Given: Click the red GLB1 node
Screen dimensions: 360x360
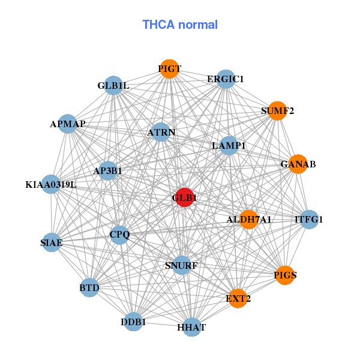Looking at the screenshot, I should (184, 197).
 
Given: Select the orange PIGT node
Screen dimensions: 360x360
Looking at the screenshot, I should (170, 69).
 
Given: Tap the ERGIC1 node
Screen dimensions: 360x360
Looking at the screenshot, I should (225, 79).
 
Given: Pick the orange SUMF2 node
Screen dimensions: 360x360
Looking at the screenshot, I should (277, 110).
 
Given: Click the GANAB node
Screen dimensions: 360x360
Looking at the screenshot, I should (298, 164).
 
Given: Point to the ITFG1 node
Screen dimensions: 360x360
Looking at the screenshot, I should (308, 220).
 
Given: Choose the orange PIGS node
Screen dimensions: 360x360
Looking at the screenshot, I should (285, 275).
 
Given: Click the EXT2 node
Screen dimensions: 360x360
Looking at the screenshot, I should (238, 298).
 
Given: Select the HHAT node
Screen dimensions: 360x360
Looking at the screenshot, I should (191, 327).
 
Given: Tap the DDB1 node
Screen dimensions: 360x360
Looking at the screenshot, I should (134, 322).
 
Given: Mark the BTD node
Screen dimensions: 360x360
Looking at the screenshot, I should (89, 289).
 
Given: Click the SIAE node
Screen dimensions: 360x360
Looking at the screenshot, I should (52, 243).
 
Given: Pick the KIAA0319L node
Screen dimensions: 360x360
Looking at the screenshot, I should (52, 184).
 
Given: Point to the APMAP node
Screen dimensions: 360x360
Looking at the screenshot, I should (68, 124).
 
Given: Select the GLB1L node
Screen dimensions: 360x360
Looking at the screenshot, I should (114, 86).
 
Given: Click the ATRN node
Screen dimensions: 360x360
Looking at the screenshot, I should (160, 132).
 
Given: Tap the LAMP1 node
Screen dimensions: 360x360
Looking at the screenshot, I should (229, 145).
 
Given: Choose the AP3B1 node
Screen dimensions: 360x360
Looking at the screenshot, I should (108, 171).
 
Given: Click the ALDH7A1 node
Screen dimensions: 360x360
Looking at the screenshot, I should (248, 220).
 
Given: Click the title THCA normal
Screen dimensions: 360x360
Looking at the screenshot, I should (180, 25).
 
